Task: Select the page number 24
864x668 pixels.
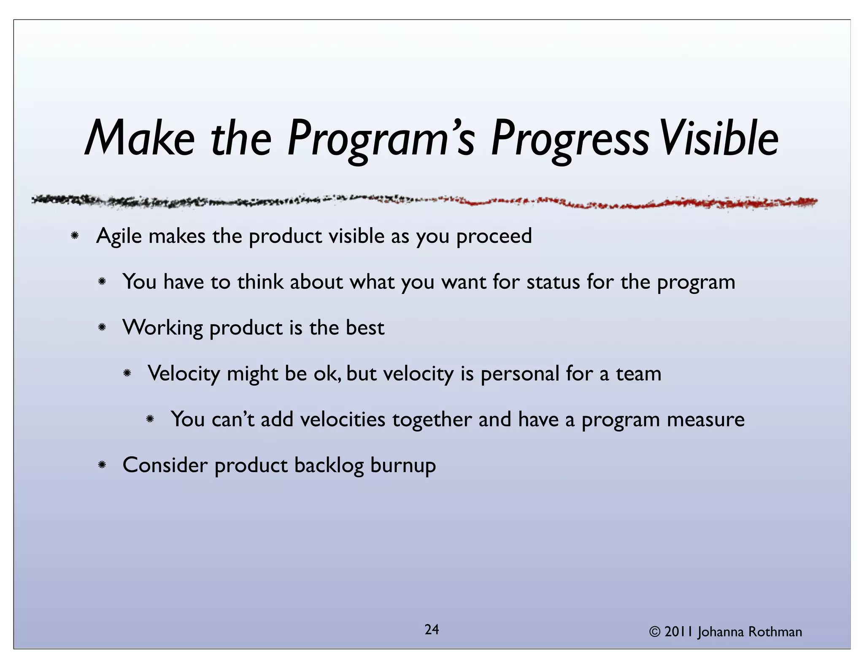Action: point(432,630)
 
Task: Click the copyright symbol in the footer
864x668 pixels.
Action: point(654,632)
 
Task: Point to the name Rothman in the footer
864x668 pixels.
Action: point(775,632)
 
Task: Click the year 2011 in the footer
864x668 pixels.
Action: point(679,632)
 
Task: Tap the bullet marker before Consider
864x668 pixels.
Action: point(101,465)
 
